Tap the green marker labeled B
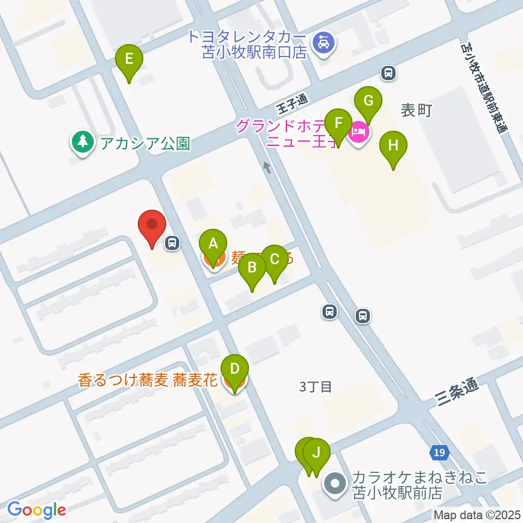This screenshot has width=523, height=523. [252, 267]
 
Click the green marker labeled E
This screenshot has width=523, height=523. [129, 58]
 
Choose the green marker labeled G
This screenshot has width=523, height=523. [368, 101]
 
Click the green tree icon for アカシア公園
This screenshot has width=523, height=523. [82, 142]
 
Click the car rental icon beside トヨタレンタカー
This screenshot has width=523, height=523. [324, 42]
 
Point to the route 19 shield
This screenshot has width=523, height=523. [440, 452]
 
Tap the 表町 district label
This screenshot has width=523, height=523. [416, 111]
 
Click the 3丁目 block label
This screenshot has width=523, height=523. [316, 387]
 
